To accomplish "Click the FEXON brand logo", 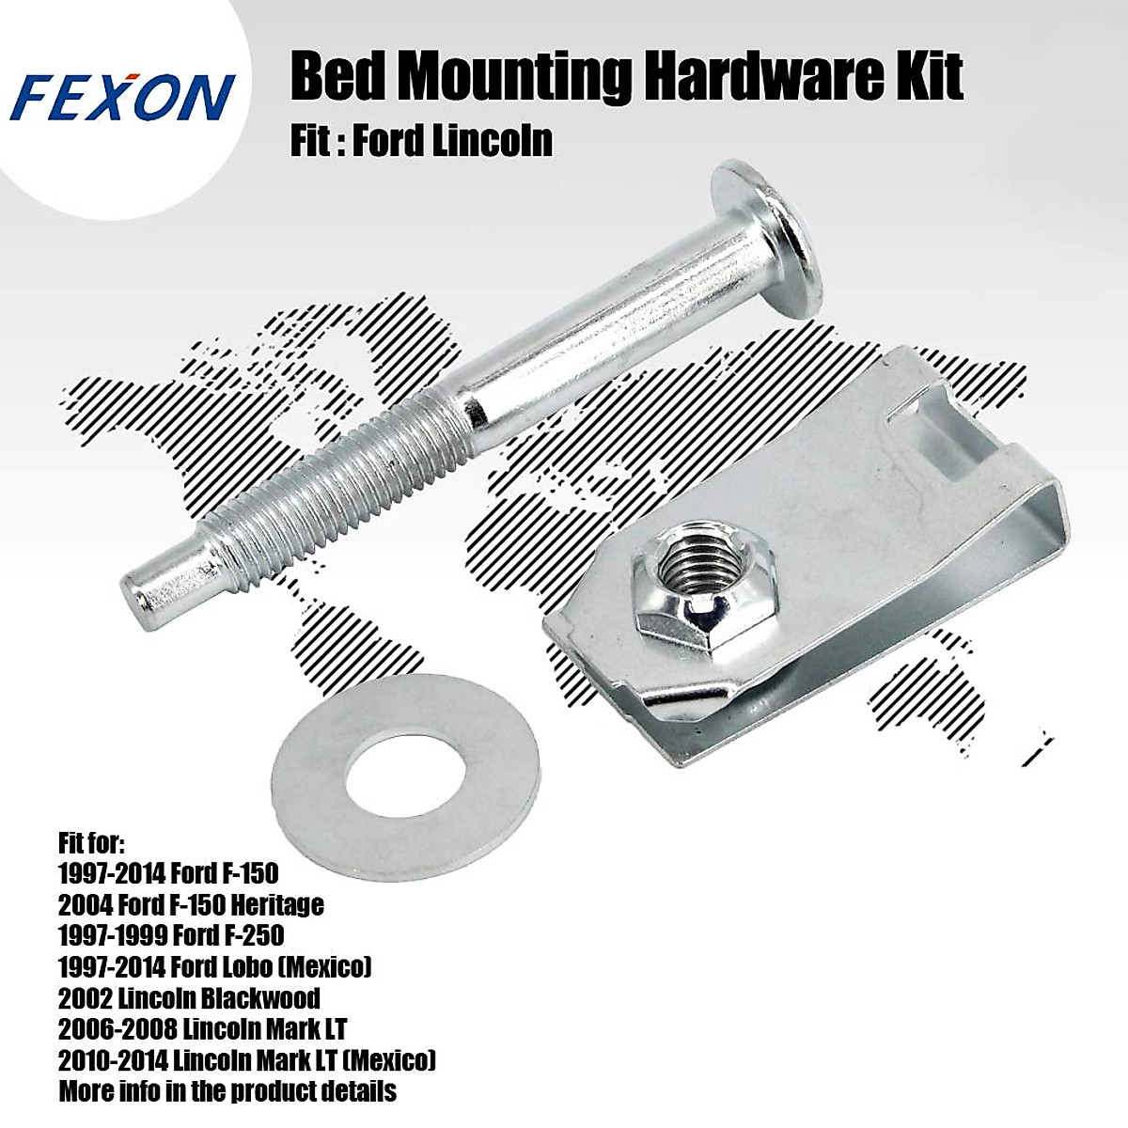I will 123,98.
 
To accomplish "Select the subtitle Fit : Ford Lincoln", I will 421,141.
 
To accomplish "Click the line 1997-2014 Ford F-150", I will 168,873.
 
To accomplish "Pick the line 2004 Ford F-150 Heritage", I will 191,904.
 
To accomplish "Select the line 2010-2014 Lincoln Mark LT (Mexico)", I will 247,1060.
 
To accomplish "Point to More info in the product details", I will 227,1091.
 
